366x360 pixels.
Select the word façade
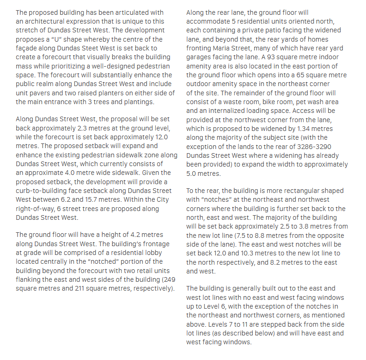point(27,48)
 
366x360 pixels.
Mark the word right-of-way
point(38,208)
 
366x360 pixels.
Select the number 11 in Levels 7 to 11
point(229,324)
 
